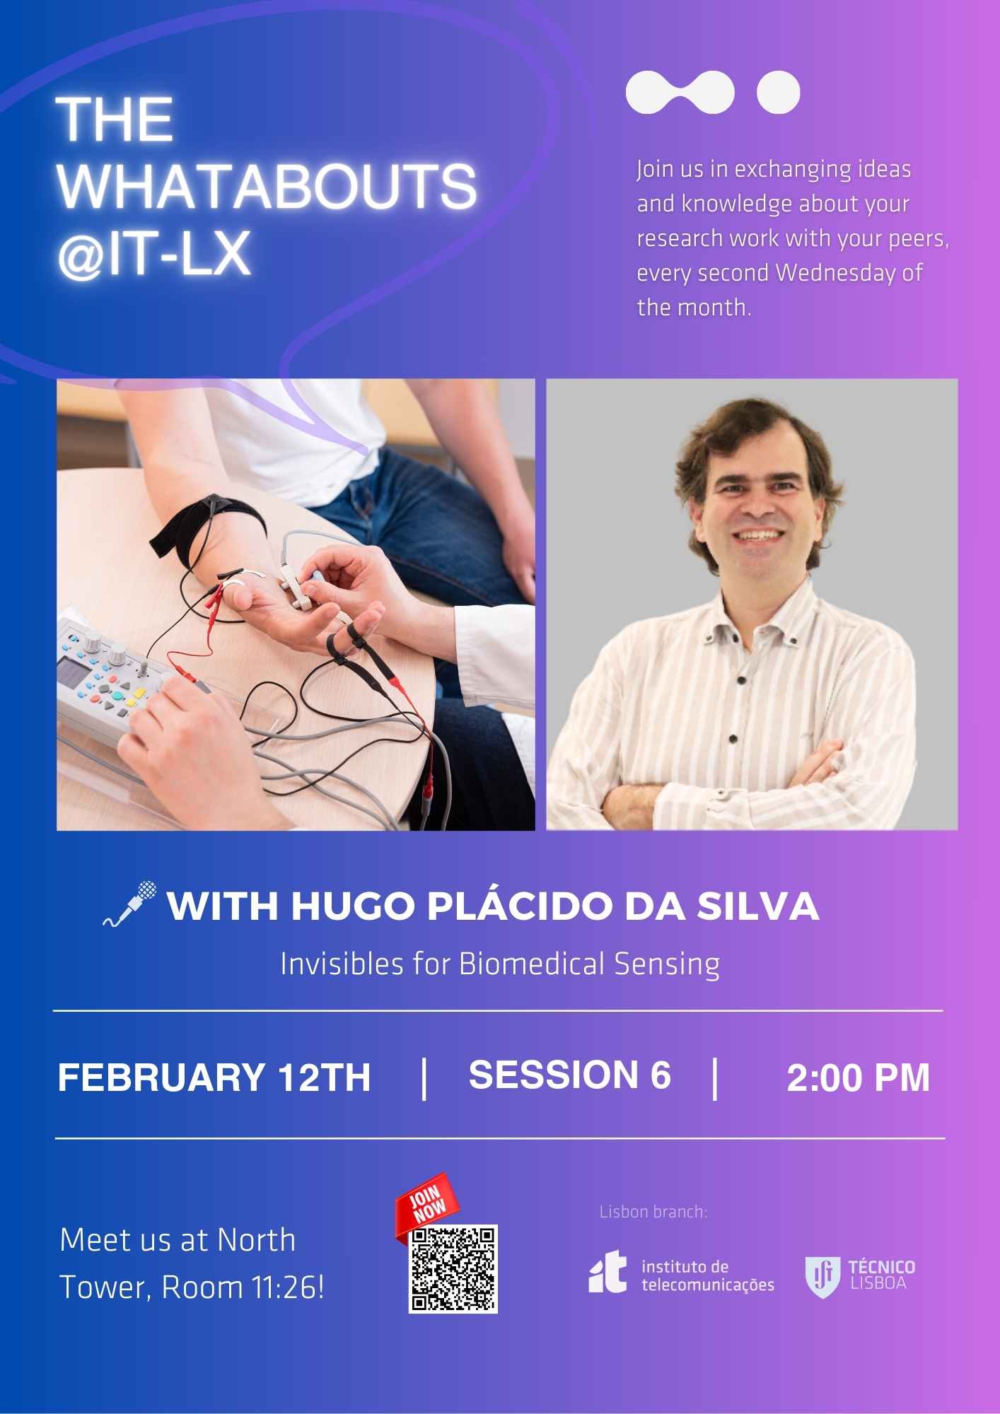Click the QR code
coord(453,1270)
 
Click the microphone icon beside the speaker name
coord(130,903)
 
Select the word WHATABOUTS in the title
coord(267,186)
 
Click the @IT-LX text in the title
coord(154,253)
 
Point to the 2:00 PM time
coord(858,1078)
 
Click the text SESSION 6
coord(569,1075)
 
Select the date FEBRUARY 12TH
coord(214,1077)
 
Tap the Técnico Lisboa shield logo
coord(822,1277)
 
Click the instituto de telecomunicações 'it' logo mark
coord(607,1271)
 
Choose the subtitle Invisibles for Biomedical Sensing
coord(500,964)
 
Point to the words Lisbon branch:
coord(653,1212)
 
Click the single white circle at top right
coord(778,92)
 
